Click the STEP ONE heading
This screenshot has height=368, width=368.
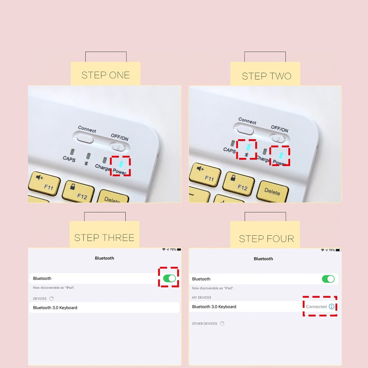[105, 75]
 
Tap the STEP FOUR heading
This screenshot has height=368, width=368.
[266, 239]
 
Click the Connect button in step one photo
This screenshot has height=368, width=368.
[85, 138]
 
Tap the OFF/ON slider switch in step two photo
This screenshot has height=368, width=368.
[278, 138]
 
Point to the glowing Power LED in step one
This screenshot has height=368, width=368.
[121, 164]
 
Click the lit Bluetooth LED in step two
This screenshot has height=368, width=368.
[249, 147]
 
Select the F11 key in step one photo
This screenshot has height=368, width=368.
[44, 183]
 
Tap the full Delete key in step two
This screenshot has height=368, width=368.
[273, 191]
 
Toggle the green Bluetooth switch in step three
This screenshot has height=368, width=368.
[169, 278]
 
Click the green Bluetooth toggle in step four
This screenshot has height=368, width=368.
[328, 279]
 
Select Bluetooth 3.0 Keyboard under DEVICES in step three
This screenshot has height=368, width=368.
[55, 308]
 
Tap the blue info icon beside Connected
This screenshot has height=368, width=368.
[331, 307]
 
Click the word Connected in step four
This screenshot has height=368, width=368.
[316, 307]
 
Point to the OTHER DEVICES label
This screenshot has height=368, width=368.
[205, 323]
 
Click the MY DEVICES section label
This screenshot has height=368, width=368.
[202, 298]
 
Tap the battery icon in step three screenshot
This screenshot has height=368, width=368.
[179, 249]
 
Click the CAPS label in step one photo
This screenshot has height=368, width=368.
[69, 159]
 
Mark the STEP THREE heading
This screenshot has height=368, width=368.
[104, 238]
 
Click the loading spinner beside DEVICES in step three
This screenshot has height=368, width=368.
[51, 298]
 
